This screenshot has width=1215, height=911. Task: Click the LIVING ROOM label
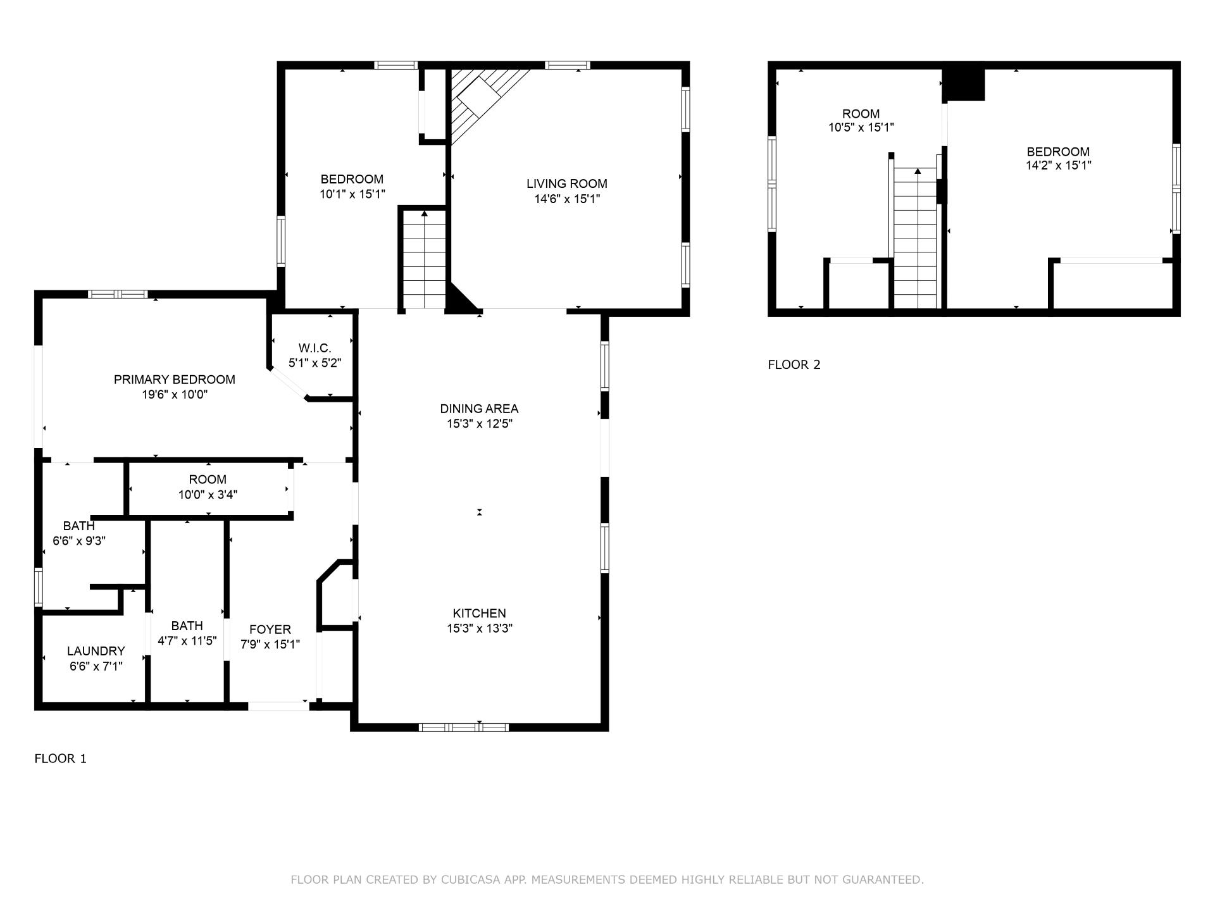(x=566, y=184)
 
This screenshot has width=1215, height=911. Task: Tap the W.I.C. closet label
(x=315, y=348)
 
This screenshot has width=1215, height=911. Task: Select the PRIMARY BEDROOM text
(x=174, y=380)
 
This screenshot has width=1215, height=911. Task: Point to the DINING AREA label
(x=479, y=409)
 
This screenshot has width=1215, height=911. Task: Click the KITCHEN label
(x=479, y=613)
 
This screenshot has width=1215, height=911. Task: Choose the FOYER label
(x=270, y=629)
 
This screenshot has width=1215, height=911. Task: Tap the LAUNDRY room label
(x=96, y=651)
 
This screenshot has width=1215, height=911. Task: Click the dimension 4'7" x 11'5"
(x=187, y=641)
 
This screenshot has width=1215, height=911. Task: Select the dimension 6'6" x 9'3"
(x=78, y=541)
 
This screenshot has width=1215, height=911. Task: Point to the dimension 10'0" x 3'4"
(x=208, y=495)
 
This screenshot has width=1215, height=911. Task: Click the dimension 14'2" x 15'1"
(x=1058, y=166)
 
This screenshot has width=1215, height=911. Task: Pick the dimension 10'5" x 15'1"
(x=861, y=127)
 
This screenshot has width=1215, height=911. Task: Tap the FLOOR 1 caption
(x=60, y=759)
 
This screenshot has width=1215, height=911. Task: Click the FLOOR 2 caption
(x=794, y=364)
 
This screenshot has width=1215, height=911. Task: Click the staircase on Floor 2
(x=915, y=238)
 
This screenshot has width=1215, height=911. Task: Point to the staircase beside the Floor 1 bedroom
(x=424, y=259)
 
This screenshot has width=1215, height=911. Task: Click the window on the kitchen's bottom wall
(x=464, y=727)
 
